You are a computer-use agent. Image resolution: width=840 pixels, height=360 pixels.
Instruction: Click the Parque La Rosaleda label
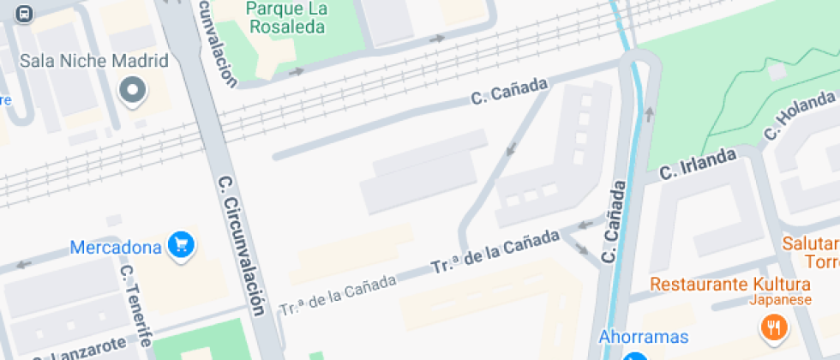286,17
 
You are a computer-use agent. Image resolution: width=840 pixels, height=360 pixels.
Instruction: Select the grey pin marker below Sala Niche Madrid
133,89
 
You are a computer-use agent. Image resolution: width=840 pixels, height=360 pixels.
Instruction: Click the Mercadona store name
116,248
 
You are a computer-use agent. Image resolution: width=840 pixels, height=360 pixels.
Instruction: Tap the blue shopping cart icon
181,245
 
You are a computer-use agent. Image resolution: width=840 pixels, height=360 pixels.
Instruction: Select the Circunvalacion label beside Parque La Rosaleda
219,43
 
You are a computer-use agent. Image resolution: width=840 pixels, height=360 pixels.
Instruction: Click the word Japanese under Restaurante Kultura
780,300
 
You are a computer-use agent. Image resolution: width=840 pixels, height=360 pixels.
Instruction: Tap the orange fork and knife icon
776,327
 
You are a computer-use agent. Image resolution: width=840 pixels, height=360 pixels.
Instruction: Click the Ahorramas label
644,336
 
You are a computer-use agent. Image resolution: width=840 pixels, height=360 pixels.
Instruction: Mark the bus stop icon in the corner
24,13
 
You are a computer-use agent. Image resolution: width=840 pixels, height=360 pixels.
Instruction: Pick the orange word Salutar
811,243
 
